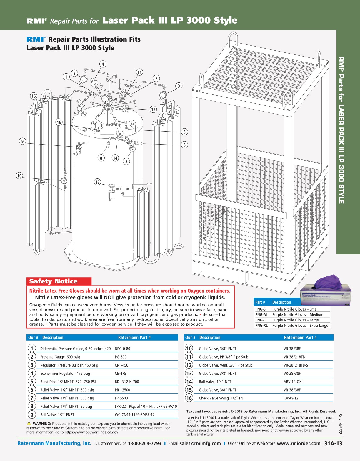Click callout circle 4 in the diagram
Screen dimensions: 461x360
coord(103,64)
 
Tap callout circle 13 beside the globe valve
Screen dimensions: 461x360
coord(97,182)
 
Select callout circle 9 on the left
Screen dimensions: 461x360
coord(22,141)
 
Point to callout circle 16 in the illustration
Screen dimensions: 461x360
coord(59,122)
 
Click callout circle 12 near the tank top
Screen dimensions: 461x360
coord(153,110)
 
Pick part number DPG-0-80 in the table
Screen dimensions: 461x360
coord(122,349)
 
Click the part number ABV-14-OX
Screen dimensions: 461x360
coord(292,382)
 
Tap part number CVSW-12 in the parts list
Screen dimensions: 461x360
coord(291,398)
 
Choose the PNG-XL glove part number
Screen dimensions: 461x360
coord(261,326)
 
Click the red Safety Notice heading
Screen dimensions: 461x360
coord(53,281)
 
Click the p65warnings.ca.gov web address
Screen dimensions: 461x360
coord(91,432)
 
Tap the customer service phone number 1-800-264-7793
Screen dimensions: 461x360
coord(144,443)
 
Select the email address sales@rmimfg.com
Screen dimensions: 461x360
coord(200,443)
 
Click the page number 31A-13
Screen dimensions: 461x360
coord(333,443)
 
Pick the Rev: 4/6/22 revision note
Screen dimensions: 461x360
coord(340,424)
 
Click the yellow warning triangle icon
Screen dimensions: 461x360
coord(29,423)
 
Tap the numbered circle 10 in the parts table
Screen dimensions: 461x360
coord(189,349)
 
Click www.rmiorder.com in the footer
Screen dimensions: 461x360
coord(299,443)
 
